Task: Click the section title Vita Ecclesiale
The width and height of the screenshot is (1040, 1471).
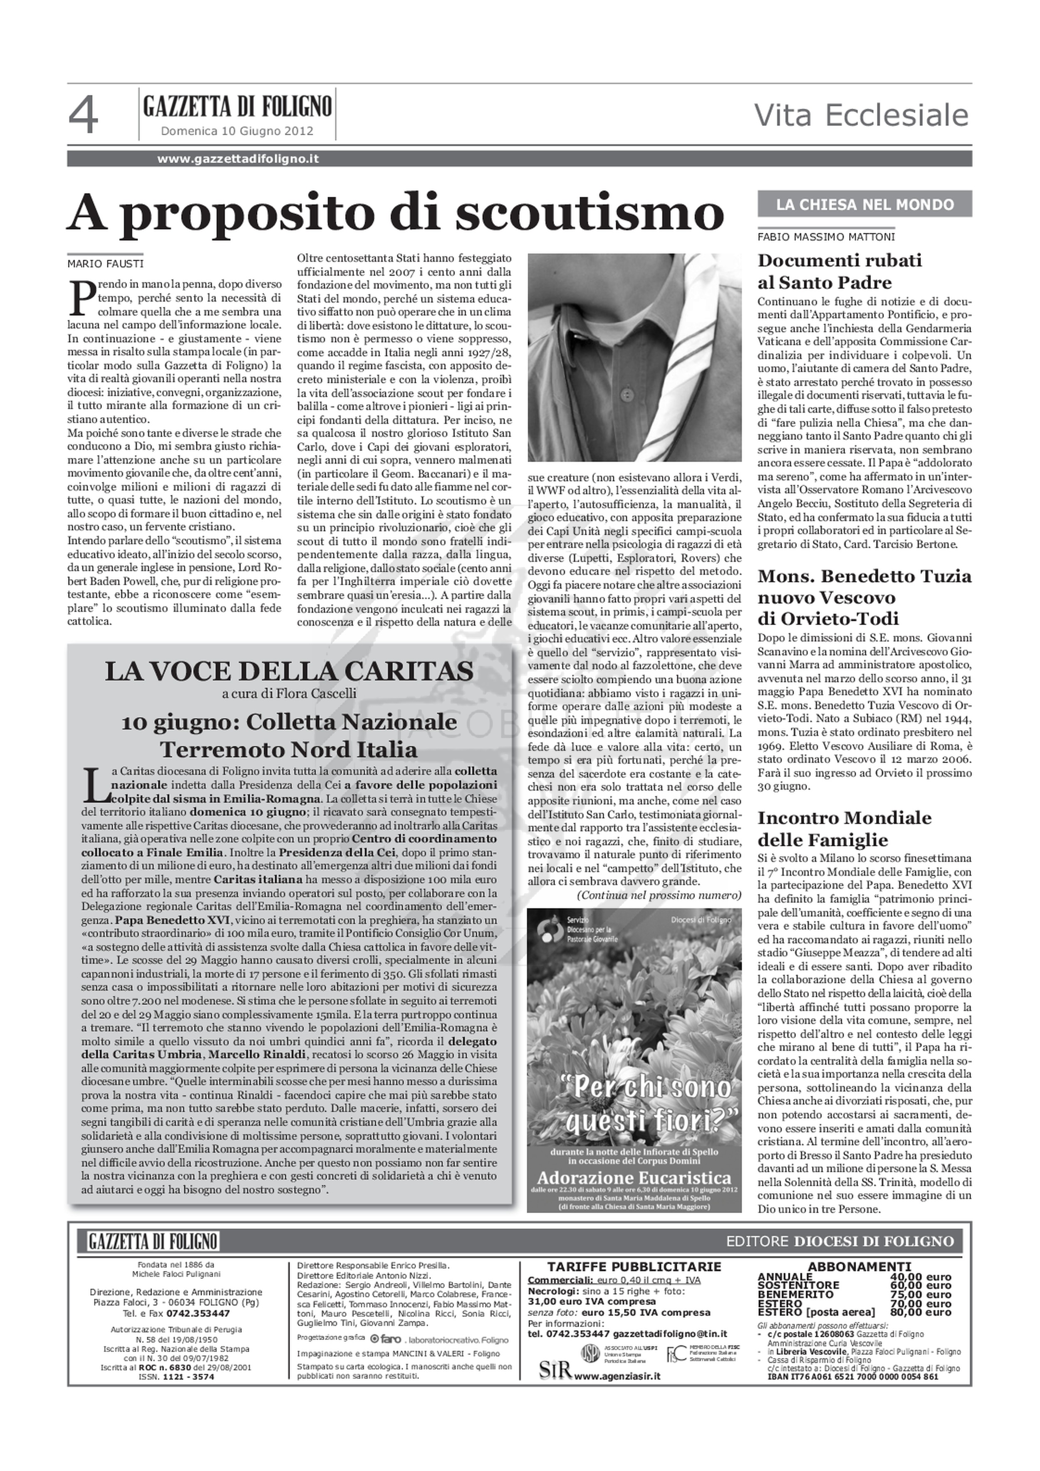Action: tap(861, 116)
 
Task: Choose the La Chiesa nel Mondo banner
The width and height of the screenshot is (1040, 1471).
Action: tap(864, 204)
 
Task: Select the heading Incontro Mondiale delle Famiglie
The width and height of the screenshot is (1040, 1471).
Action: tap(844, 828)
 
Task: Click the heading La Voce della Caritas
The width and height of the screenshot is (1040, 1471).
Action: tap(289, 671)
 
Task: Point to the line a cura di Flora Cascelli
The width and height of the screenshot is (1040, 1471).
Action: tap(289, 693)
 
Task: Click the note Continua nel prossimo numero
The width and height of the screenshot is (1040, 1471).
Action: tap(659, 895)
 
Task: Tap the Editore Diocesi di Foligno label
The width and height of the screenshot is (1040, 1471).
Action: tap(839, 1241)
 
